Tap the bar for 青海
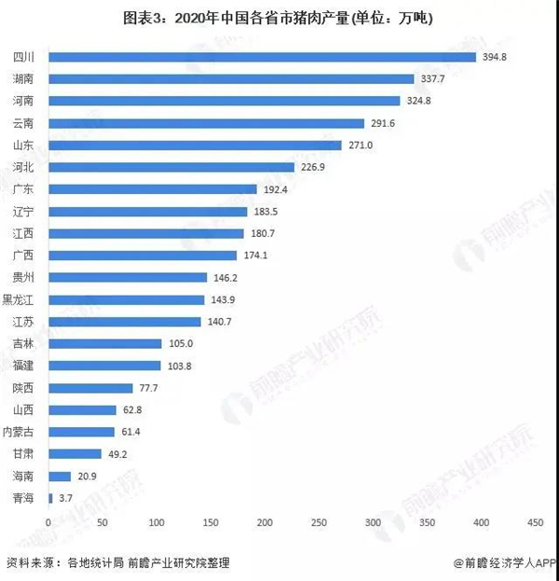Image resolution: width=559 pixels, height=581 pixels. [50, 498]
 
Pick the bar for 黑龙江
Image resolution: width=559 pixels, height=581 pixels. [126, 299]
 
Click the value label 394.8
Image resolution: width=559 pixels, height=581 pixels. [494, 57]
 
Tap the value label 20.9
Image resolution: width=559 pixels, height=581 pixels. [88, 477]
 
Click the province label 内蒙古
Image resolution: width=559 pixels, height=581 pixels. [20, 432]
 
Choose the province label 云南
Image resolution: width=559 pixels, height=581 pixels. [25, 123]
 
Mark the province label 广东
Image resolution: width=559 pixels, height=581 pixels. [25, 189]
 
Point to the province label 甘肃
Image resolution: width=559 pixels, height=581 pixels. [25, 454]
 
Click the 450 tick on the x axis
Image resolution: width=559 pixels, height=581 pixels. [535, 521]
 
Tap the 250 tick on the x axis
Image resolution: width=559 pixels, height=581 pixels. [319, 521]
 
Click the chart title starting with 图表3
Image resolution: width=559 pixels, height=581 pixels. [279, 17]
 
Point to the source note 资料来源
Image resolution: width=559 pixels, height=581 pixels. [117, 563]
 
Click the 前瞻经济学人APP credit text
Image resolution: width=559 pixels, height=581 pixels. [504, 563]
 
